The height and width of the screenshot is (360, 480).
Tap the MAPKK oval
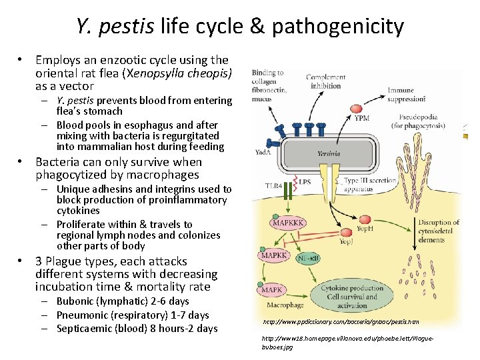click(274, 256)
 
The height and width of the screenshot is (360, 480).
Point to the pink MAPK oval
click(271, 290)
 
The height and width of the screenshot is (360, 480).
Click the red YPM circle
click(343, 117)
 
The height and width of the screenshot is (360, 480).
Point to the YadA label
click(263, 151)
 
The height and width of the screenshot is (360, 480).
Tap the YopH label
click(365, 229)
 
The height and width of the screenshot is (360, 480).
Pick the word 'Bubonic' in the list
click(75, 302)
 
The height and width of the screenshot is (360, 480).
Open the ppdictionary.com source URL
click(341, 322)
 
